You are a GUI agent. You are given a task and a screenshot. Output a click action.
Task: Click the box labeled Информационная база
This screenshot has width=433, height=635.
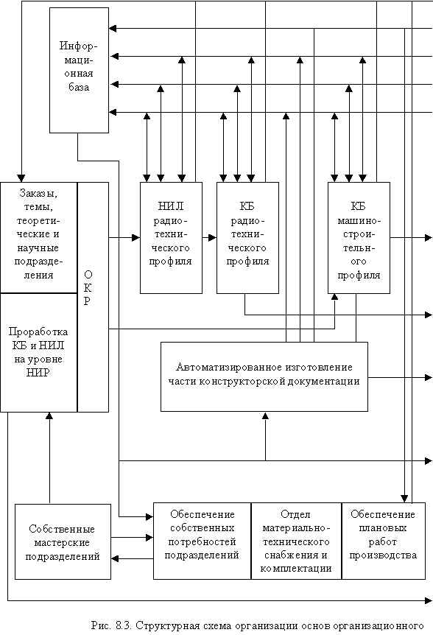click(x=79, y=70)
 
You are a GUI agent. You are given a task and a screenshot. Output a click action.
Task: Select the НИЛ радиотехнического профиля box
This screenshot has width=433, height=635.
click(x=171, y=238)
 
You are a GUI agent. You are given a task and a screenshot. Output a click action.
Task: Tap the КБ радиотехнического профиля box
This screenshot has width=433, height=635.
click(x=247, y=238)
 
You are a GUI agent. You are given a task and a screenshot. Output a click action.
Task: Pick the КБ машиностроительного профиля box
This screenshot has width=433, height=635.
click(x=359, y=238)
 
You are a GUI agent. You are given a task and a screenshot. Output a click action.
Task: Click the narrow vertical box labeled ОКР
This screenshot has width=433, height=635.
click(x=93, y=297)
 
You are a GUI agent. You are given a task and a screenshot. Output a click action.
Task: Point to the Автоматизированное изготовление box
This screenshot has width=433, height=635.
click(x=264, y=376)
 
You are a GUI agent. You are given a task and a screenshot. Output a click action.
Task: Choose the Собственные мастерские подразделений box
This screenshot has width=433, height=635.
click(x=63, y=541)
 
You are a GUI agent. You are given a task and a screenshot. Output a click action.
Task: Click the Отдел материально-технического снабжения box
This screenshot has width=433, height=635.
click(x=297, y=541)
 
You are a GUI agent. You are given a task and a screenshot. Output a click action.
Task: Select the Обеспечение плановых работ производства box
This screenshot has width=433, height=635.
click(x=384, y=541)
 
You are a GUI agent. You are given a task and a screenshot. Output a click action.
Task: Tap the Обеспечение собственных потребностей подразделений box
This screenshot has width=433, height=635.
click(x=203, y=541)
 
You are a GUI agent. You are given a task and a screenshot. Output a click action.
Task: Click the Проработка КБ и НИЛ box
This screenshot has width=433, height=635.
click(x=39, y=352)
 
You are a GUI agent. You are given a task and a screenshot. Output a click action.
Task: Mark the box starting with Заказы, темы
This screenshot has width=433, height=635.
click(x=39, y=237)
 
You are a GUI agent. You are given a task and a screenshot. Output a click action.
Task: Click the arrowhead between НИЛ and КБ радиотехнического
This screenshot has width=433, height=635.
click(x=213, y=238)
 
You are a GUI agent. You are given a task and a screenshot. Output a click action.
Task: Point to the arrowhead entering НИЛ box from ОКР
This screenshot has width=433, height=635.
click(x=136, y=238)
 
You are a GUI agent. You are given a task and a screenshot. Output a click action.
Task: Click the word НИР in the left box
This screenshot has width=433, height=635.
click(x=38, y=372)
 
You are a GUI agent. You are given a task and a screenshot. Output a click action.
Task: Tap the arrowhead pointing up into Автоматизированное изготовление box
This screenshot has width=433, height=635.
click(x=265, y=415)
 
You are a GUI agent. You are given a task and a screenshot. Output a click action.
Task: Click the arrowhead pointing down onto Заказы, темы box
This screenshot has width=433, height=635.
click(x=21, y=178)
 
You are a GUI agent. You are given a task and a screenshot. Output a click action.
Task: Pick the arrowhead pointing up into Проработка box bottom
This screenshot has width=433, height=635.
click(x=49, y=416)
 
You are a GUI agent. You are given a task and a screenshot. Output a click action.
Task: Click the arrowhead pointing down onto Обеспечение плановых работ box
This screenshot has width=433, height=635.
click(x=404, y=499)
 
